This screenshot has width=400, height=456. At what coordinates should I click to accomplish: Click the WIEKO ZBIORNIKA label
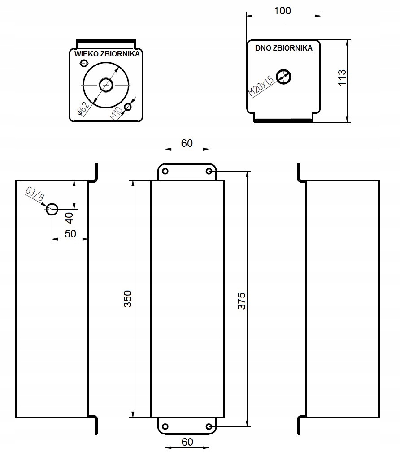tap(107, 53)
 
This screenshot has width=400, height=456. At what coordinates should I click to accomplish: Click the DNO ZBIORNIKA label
tap(283, 48)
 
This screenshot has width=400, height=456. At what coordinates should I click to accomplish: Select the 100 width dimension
tap(283, 11)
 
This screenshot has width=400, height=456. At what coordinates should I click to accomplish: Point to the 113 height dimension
tap(342, 78)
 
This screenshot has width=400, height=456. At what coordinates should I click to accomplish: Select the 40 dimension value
tap(69, 219)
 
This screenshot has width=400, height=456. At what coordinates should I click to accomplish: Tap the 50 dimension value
tap(70, 233)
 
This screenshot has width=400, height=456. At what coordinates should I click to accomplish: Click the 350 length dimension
tap(127, 298)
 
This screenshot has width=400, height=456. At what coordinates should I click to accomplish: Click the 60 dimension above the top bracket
tap(187, 143)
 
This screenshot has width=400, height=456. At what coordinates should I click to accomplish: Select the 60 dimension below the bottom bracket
tap(187, 442)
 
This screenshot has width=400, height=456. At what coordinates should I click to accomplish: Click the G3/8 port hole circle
tap(52, 209)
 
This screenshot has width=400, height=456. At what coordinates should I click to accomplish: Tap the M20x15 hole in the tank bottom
tap(283, 76)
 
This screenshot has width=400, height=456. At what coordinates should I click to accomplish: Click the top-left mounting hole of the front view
tap(165, 171)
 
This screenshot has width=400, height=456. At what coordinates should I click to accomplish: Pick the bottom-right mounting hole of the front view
tap(209, 426)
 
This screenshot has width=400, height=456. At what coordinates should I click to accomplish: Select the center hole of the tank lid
tap(106, 84)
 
